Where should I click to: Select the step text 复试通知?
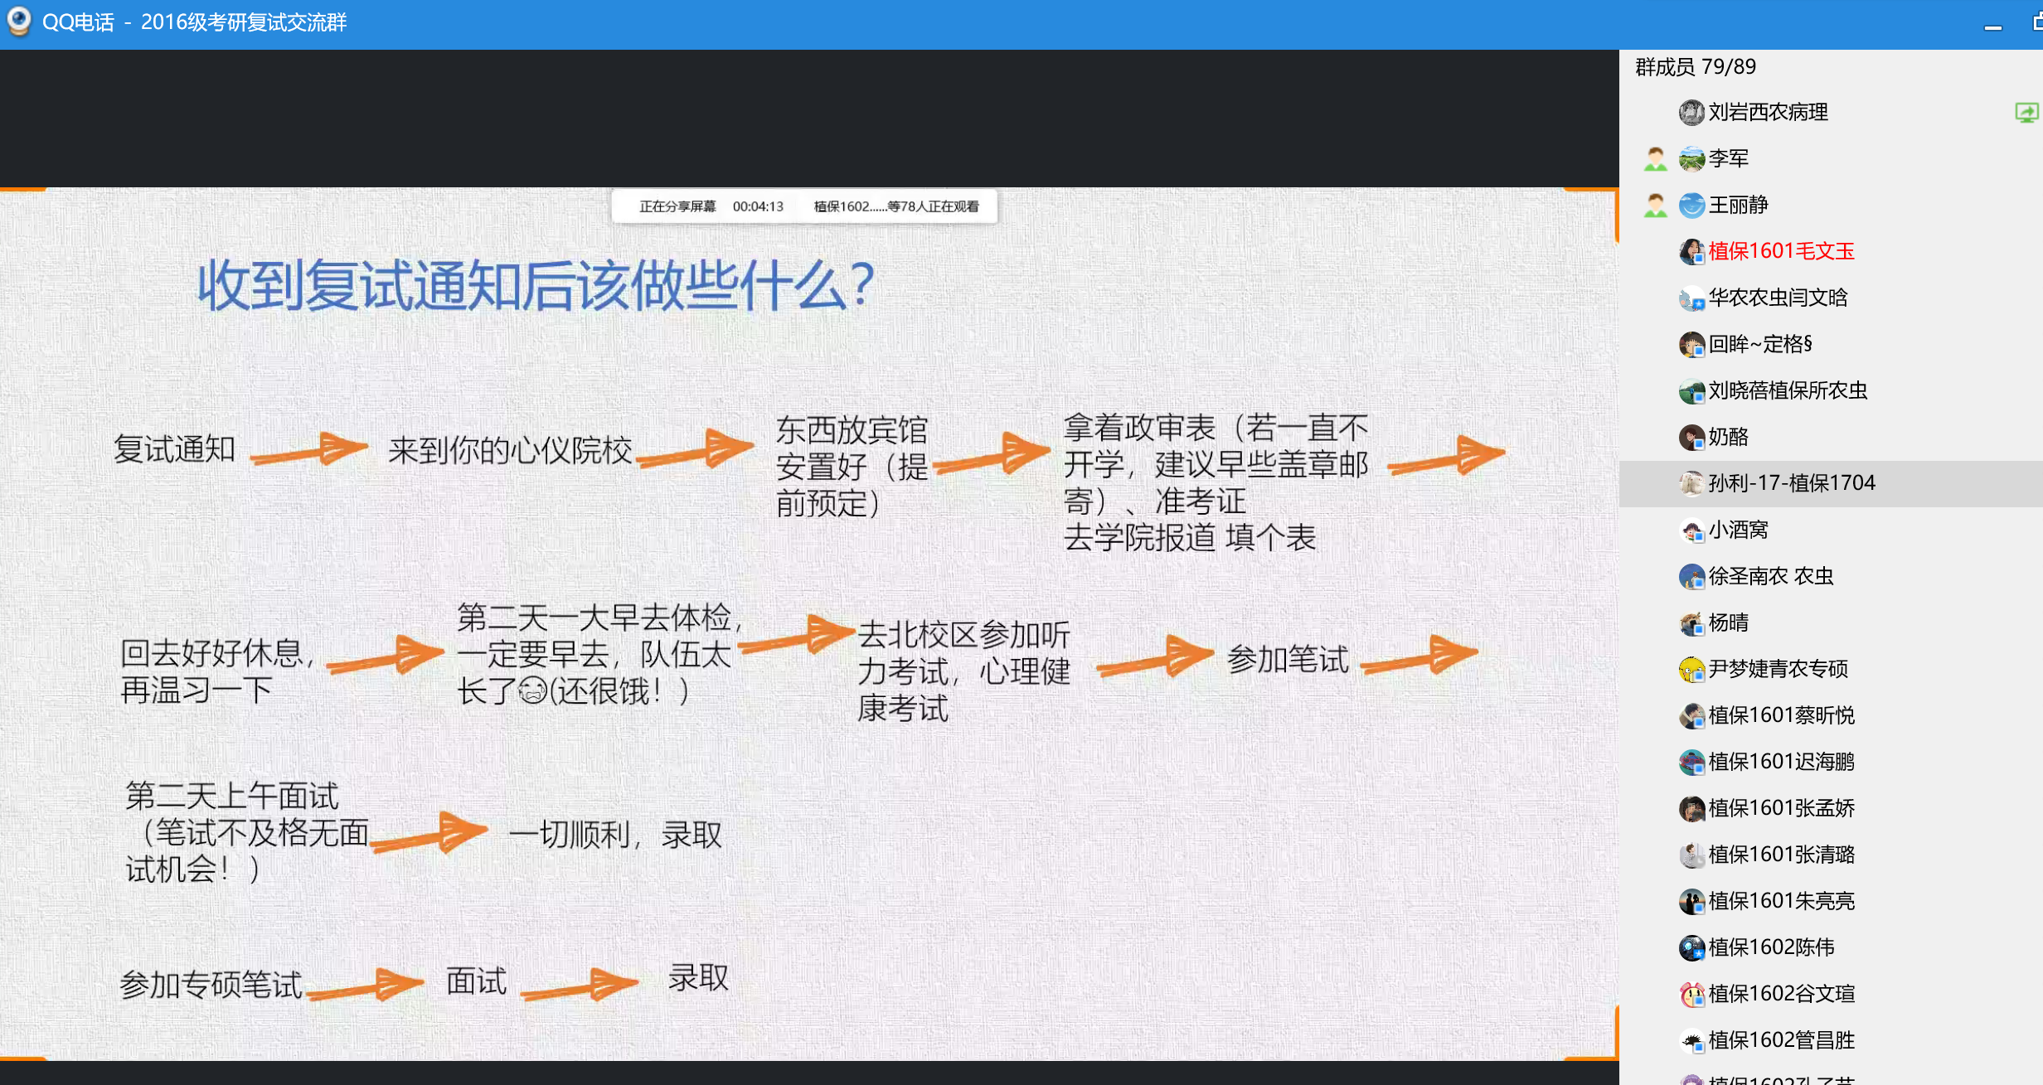pos(174,449)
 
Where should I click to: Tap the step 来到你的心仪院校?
pos(510,450)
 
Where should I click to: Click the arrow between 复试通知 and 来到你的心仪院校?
pos(309,449)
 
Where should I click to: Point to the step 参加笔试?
pos(1288,659)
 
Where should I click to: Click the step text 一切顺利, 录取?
pos(615,834)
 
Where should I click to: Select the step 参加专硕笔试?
pos(211,985)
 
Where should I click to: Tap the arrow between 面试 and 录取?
pos(580,985)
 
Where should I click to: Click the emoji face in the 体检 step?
pos(533,690)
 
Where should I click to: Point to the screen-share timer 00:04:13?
pos(758,206)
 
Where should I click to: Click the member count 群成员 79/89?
pos(1695,66)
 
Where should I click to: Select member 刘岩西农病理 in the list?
pos(1768,112)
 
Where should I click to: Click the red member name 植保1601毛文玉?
pos(1781,251)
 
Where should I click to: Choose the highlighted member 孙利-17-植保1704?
pos(1792,483)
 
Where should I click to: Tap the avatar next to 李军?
pos(1691,158)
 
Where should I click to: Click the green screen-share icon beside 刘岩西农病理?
pos(2026,113)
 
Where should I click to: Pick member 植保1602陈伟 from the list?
pos(1771,947)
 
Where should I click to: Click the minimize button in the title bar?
pos(1993,27)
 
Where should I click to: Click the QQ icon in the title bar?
pos(18,22)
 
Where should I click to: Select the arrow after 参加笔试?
pos(1419,656)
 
